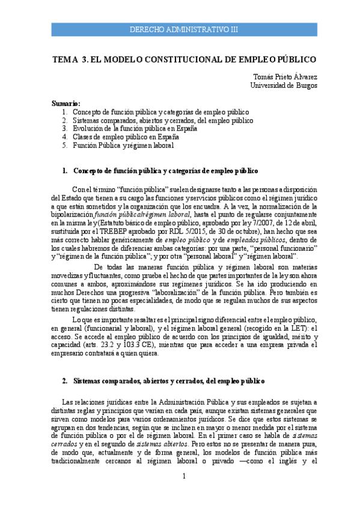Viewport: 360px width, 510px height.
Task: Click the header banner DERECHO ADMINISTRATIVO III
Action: click(x=184, y=29)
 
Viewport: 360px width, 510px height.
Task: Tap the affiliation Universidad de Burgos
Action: click(x=284, y=85)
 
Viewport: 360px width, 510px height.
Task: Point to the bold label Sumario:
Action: click(x=66, y=103)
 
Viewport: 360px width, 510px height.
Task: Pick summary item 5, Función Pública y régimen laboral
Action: click(x=123, y=145)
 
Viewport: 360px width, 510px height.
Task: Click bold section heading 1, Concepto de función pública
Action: click(x=160, y=171)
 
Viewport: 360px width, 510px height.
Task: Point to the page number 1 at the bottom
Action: click(x=185, y=476)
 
